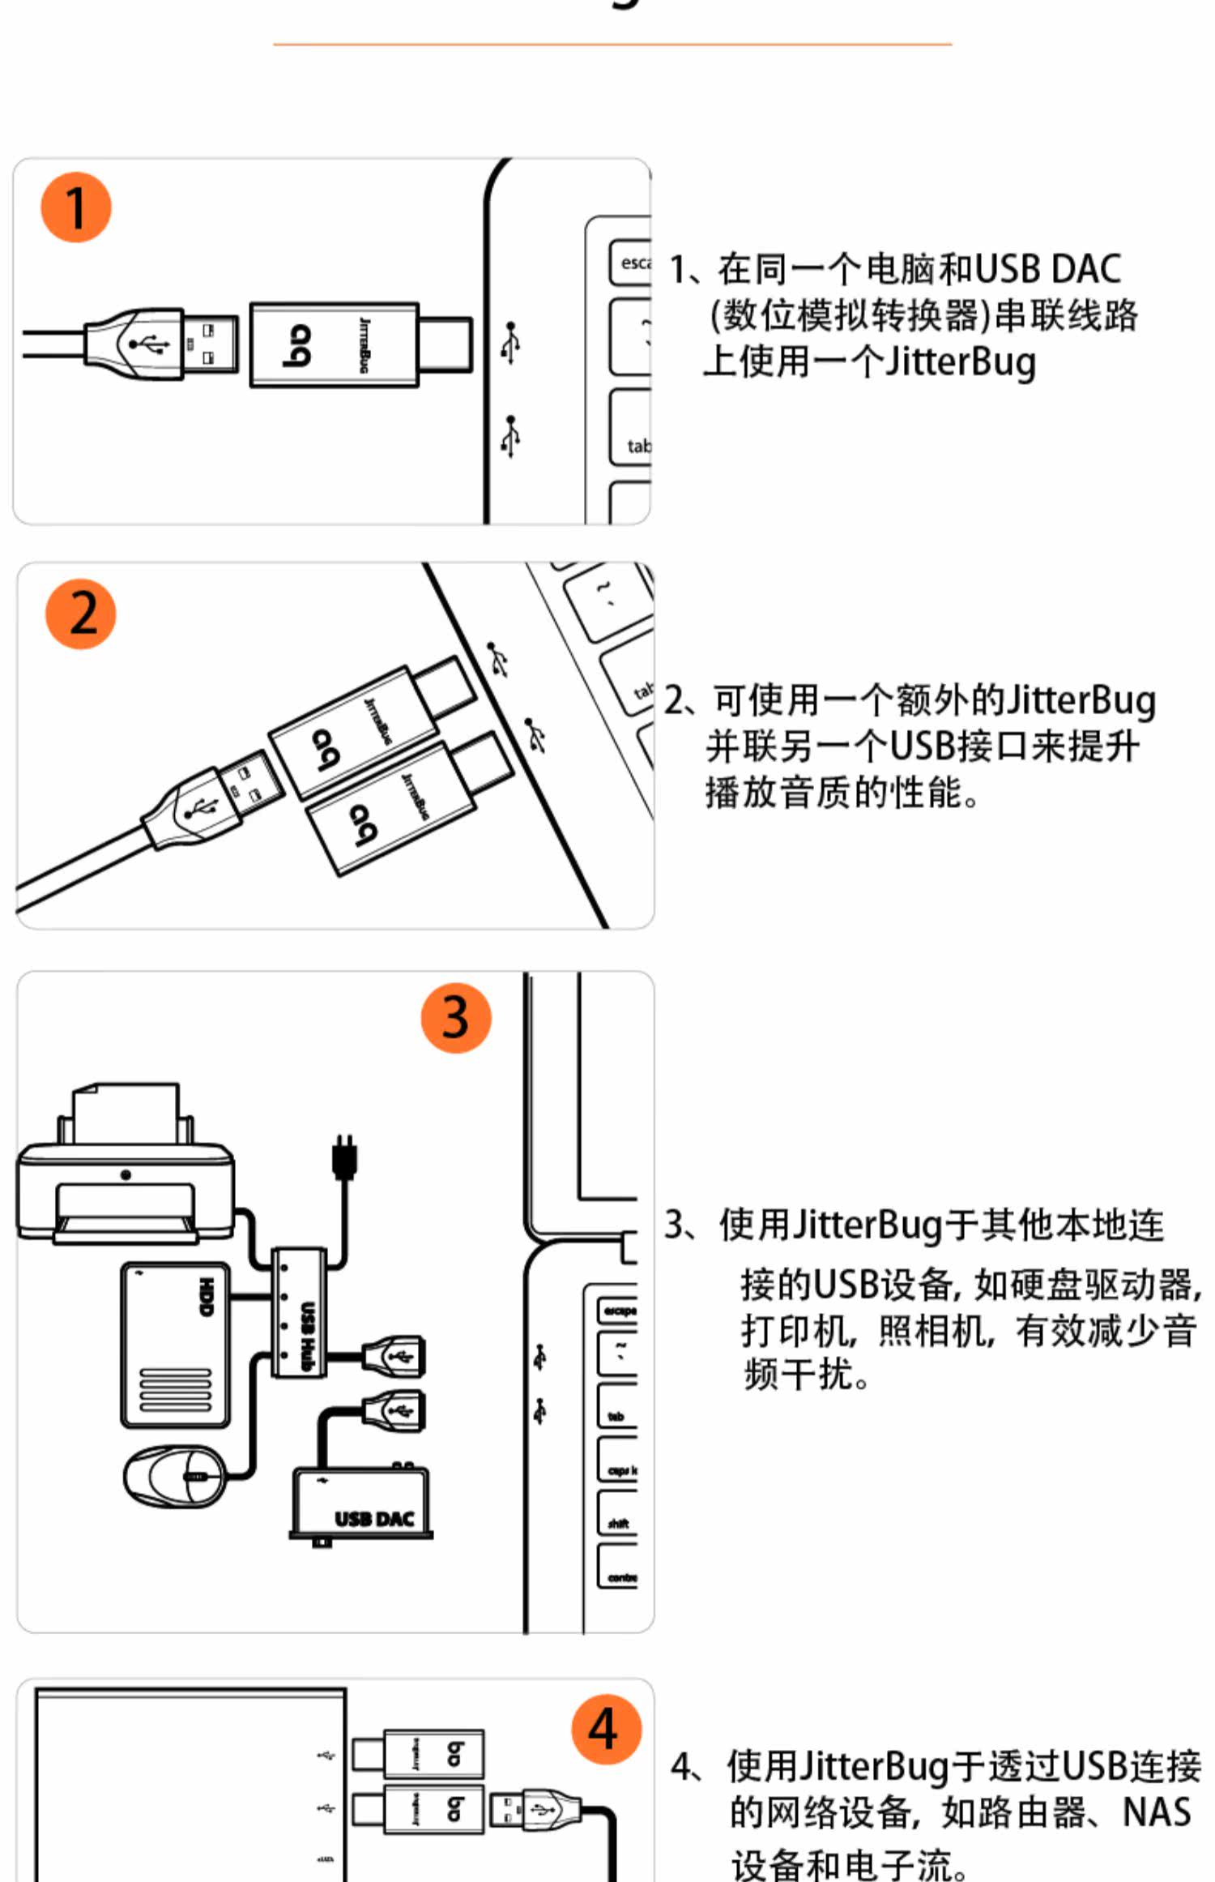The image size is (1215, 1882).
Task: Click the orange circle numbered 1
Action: coord(75,207)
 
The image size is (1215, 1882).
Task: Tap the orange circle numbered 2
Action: coord(80,613)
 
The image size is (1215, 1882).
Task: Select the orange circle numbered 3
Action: coord(456,1017)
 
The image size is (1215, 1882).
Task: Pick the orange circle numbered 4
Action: coord(606,1729)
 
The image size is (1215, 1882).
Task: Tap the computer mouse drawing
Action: coord(174,1476)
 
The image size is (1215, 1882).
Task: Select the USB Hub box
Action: coord(299,1312)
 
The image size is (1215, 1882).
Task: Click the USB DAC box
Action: coord(361,1505)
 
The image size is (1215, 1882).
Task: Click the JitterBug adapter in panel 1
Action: coord(335,344)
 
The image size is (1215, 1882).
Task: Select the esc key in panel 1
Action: coord(631,263)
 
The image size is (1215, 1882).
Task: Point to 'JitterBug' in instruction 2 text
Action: coord(1080,700)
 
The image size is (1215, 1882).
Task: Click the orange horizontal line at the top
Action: coord(612,44)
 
